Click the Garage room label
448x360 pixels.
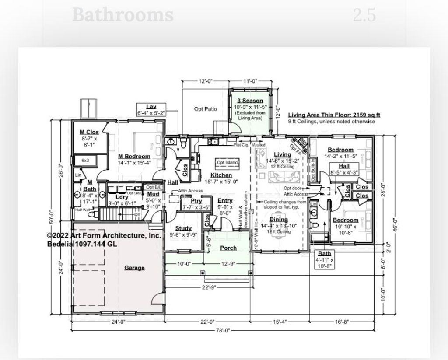pyautogui.click(x=134, y=268)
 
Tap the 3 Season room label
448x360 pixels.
pyautogui.click(x=250, y=101)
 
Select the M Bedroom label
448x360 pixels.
pyautogui.click(x=134, y=156)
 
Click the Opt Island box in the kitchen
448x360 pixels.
pyautogui.click(x=227, y=163)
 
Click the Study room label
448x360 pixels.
pyautogui.click(x=183, y=228)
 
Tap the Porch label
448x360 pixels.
pyautogui.click(x=228, y=248)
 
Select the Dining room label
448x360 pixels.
pyautogui.click(x=278, y=220)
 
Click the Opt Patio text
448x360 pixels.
pyautogui.click(x=206, y=109)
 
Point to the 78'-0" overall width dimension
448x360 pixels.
pyautogui.click(x=223, y=331)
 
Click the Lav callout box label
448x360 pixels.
pyautogui.click(x=151, y=107)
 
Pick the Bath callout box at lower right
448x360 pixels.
pyautogui.click(x=324, y=253)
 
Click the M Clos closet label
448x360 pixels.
pyautogui.click(x=89, y=132)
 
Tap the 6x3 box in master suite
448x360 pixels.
pyautogui.click(x=85, y=161)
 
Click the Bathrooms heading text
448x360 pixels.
pyautogui.click(x=122, y=15)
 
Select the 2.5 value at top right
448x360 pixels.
pyautogui.click(x=364, y=15)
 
